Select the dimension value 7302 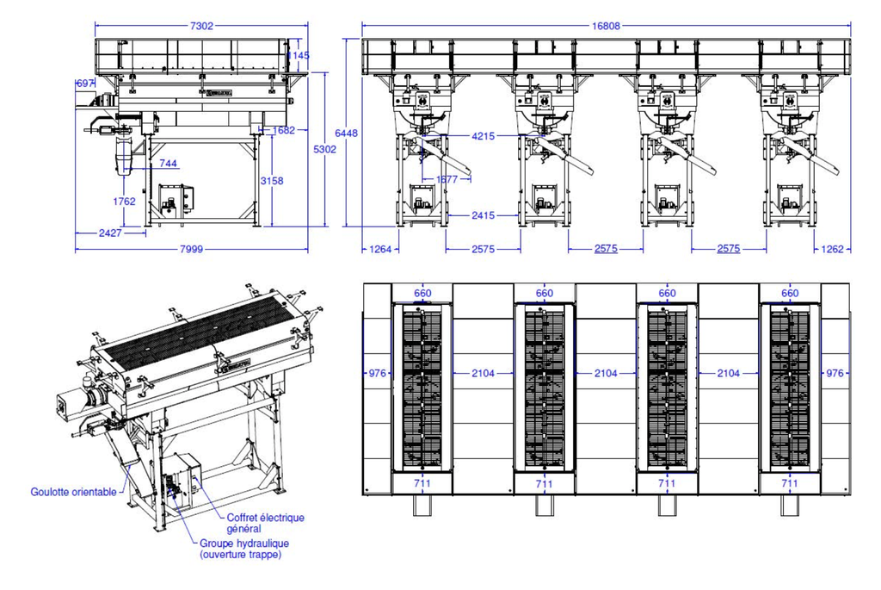click(x=200, y=26)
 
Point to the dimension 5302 click(x=324, y=149)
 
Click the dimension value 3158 click(x=272, y=180)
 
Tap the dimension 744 click(x=168, y=163)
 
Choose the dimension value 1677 click(x=448, y=179)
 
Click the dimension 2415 click(x=485, y=214)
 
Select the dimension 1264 click(x=380, y=250)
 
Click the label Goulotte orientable click(x=73, y=492)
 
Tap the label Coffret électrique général click(x=265, y=523)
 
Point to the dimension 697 click(x=85, y=83)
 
